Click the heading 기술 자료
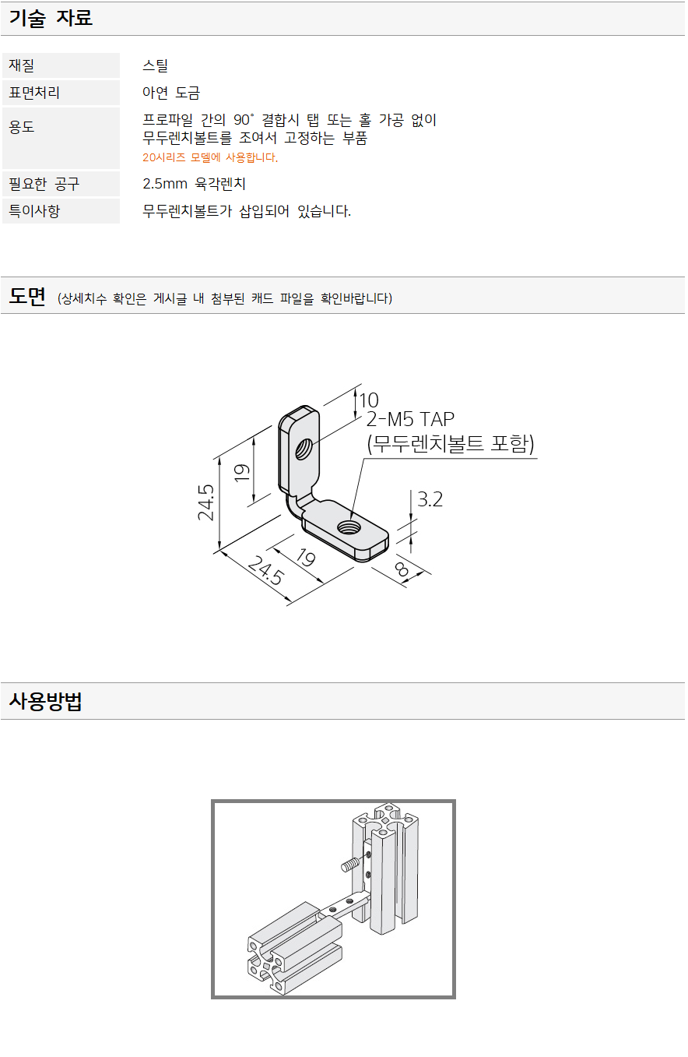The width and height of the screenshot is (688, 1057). [51, 19]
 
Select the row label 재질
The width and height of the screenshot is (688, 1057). [22, 65]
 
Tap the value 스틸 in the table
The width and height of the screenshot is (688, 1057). [155, 65]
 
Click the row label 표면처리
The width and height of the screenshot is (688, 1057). [34, 93]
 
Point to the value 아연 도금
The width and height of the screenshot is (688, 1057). [171, 93]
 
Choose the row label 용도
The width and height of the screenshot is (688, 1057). [22, 126]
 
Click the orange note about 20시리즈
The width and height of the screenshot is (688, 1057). [210, 157]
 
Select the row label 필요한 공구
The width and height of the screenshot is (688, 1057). [44, 184]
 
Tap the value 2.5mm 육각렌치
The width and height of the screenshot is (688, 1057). [195, 184]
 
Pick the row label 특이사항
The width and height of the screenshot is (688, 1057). [34, 210]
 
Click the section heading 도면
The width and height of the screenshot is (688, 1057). [27, 297]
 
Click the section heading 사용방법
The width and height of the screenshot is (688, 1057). [46, 702]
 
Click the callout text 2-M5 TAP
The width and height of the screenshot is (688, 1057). [410, 421]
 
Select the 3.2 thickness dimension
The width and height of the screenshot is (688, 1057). [430, 499]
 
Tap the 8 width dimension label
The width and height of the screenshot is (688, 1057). [402, 569]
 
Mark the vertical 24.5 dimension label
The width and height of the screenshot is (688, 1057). [206, 502]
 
